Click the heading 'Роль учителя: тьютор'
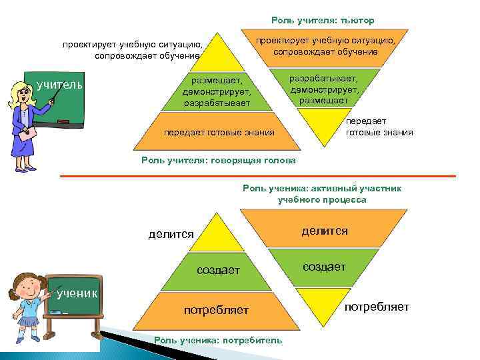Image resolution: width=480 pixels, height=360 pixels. [327, 21]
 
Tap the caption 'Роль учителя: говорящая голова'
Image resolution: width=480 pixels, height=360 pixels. [219, 161]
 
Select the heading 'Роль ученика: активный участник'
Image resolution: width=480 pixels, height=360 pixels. [322, 189]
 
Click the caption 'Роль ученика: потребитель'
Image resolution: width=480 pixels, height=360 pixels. [218, 340]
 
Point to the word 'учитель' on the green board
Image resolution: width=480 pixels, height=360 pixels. [59, 85]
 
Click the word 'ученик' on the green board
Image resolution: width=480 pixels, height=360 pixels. [77, 293]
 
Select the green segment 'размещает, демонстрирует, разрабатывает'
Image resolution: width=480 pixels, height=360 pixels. [217, 91]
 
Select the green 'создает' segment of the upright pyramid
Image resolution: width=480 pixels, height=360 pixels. [217, 270]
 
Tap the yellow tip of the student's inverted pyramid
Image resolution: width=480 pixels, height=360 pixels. [322, 304]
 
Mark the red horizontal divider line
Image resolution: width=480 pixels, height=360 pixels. [257, 176]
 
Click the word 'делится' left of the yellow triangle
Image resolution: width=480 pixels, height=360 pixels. [171, 234]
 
